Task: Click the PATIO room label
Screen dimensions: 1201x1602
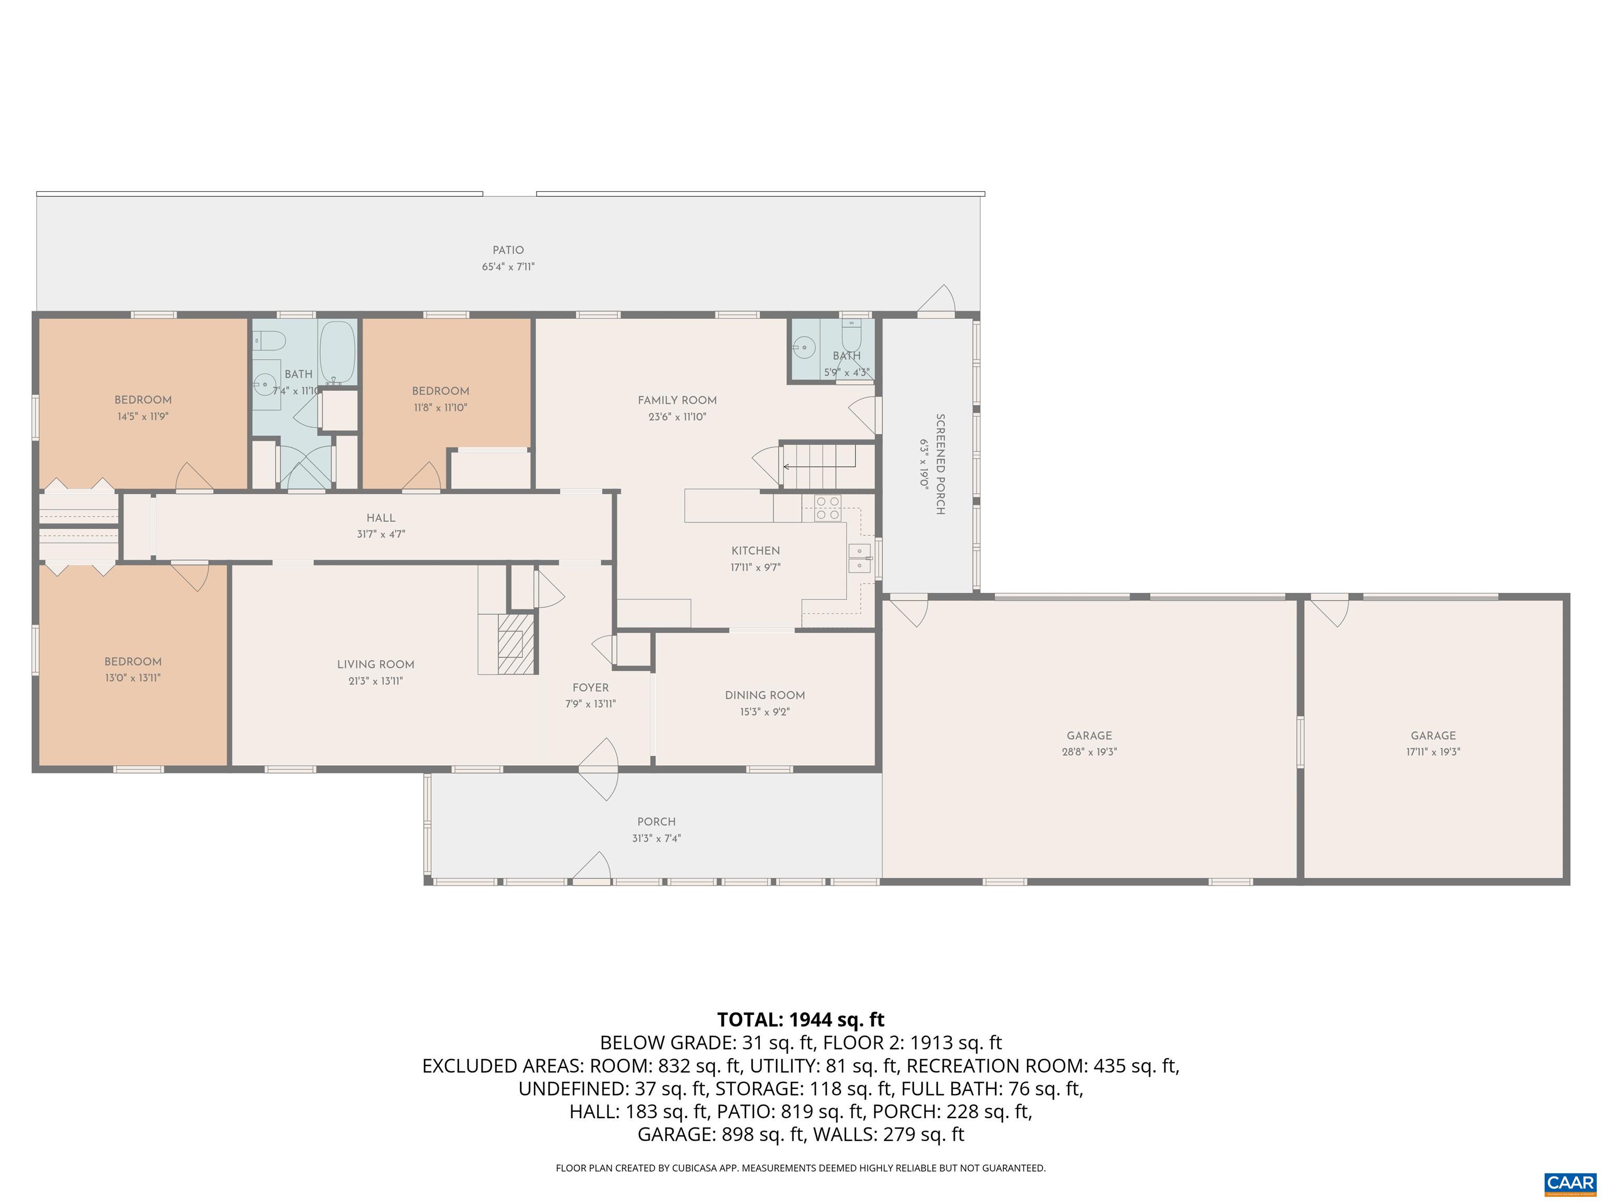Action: (x=508, y=250)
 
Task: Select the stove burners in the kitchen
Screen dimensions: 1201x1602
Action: (x=827, y=508)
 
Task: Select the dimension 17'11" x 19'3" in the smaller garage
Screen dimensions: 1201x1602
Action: (x=1433, y=752)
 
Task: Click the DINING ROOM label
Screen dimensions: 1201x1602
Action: (x=765, y=695)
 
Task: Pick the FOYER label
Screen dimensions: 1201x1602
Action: (x=590, y=688)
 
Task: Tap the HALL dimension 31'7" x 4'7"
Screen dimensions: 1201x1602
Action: (x=380, y=534)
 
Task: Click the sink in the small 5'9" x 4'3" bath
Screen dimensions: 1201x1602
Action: (x=803, y=348)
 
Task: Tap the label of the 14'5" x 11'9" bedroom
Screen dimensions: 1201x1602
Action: (x=143, y=400)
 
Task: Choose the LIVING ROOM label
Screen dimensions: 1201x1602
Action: (x=375, y=664)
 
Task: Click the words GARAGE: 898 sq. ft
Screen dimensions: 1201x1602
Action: (x=721, y=1134)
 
